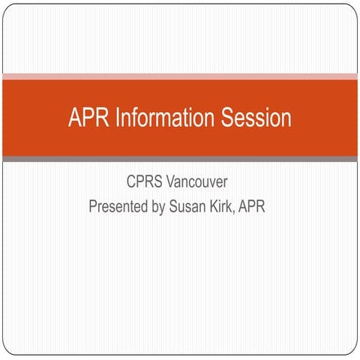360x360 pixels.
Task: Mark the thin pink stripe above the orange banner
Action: tap(180, 76)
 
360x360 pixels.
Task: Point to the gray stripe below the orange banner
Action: tap(180, 159)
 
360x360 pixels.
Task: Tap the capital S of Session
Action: tap(226, 118)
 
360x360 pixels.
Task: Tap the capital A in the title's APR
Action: tap(73, 118)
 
